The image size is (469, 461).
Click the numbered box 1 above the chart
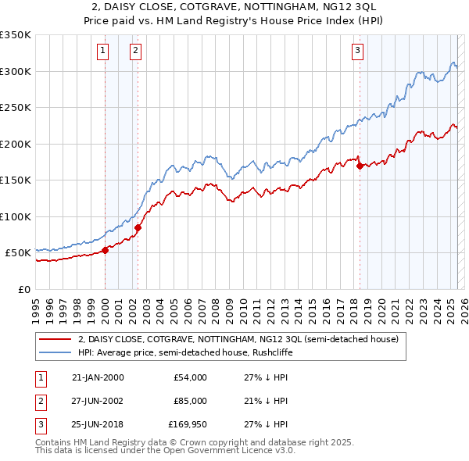click(x=102, y=52)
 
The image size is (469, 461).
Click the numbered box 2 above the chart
click(x=135, y=52)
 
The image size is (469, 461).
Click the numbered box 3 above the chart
click(x=357, y=52)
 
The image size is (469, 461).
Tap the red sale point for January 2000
click(x=106, y=251)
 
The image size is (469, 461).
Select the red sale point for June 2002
click(x=138, y=228)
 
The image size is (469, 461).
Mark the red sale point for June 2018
click(x=360, y=166)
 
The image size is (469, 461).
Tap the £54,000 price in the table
click(x=190, y=377)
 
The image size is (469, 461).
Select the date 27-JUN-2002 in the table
click(x=98, y=401)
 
